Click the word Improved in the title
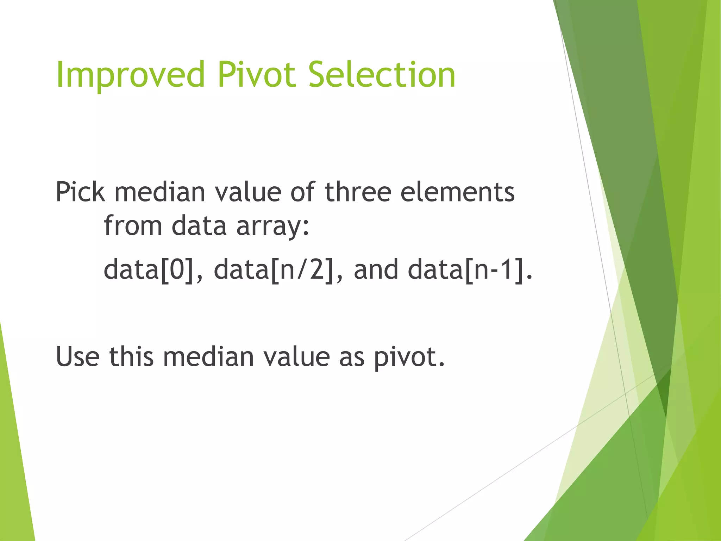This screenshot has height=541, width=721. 130,75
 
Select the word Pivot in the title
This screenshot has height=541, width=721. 257,74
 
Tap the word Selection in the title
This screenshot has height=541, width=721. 382,74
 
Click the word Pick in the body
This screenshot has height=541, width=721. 80,192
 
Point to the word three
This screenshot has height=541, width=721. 358,192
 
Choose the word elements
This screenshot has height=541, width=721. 457,192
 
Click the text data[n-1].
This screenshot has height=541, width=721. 470,270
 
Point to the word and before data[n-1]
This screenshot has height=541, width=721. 376,270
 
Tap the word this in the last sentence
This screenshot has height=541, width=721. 131,356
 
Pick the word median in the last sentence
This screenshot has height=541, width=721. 208,356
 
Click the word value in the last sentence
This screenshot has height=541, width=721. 296,356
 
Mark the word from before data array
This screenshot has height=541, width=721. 133,226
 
